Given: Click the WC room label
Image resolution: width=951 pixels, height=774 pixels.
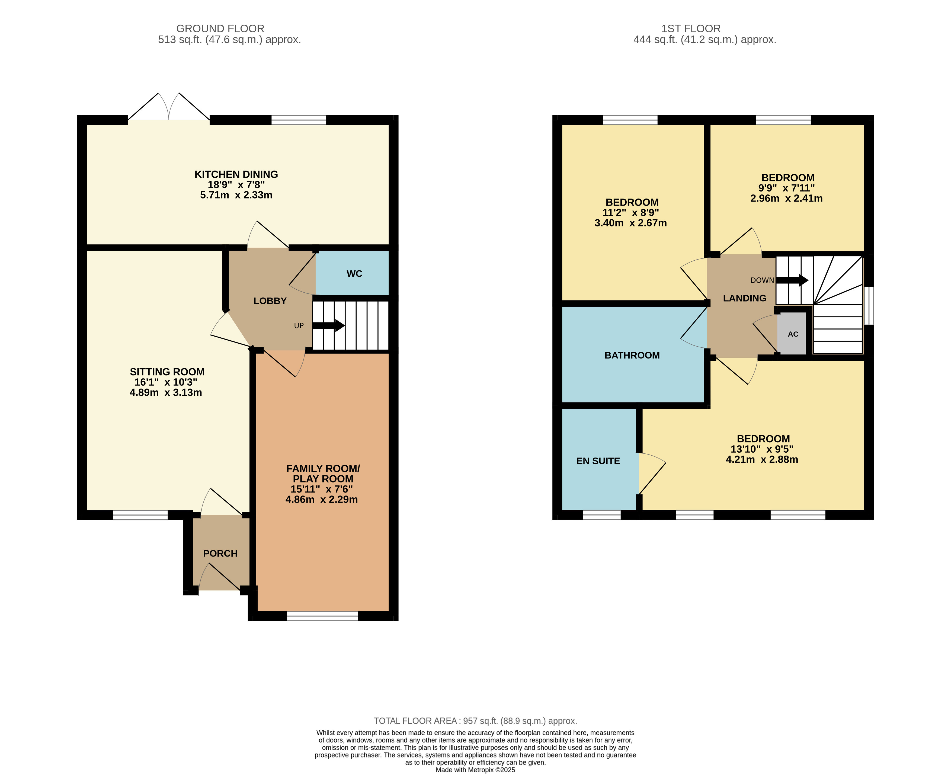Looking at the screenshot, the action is point(354,274).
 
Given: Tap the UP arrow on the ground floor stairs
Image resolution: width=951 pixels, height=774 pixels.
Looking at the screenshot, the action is point(329,325).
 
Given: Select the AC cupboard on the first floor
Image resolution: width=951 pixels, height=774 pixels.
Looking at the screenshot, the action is point(792,334).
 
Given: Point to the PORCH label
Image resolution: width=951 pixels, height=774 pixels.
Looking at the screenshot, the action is point(220,553).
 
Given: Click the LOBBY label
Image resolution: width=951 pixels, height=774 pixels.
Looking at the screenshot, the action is point(270,301).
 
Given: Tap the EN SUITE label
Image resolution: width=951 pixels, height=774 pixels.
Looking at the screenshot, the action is point(598,461).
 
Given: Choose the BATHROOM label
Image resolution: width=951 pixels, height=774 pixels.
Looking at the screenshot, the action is point(632,355).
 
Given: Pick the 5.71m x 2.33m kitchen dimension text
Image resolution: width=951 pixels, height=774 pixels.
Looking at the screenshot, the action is point(236,195).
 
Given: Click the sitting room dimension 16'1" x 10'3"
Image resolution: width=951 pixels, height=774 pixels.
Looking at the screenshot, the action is point(166,382).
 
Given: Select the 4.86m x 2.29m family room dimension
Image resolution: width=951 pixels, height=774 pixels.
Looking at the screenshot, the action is point(321,499).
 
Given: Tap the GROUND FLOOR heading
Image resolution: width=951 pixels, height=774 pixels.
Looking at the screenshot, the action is point(220,28).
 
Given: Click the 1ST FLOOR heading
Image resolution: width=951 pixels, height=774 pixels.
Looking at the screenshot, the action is point(691,28).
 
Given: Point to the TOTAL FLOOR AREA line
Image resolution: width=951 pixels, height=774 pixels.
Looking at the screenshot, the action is point(475,721).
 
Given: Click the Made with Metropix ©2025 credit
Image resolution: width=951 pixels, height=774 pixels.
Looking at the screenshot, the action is point(475,770).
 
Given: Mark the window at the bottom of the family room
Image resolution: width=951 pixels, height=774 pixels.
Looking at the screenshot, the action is point(322,616).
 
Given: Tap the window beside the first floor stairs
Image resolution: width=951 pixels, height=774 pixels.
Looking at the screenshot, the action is point(869,306).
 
